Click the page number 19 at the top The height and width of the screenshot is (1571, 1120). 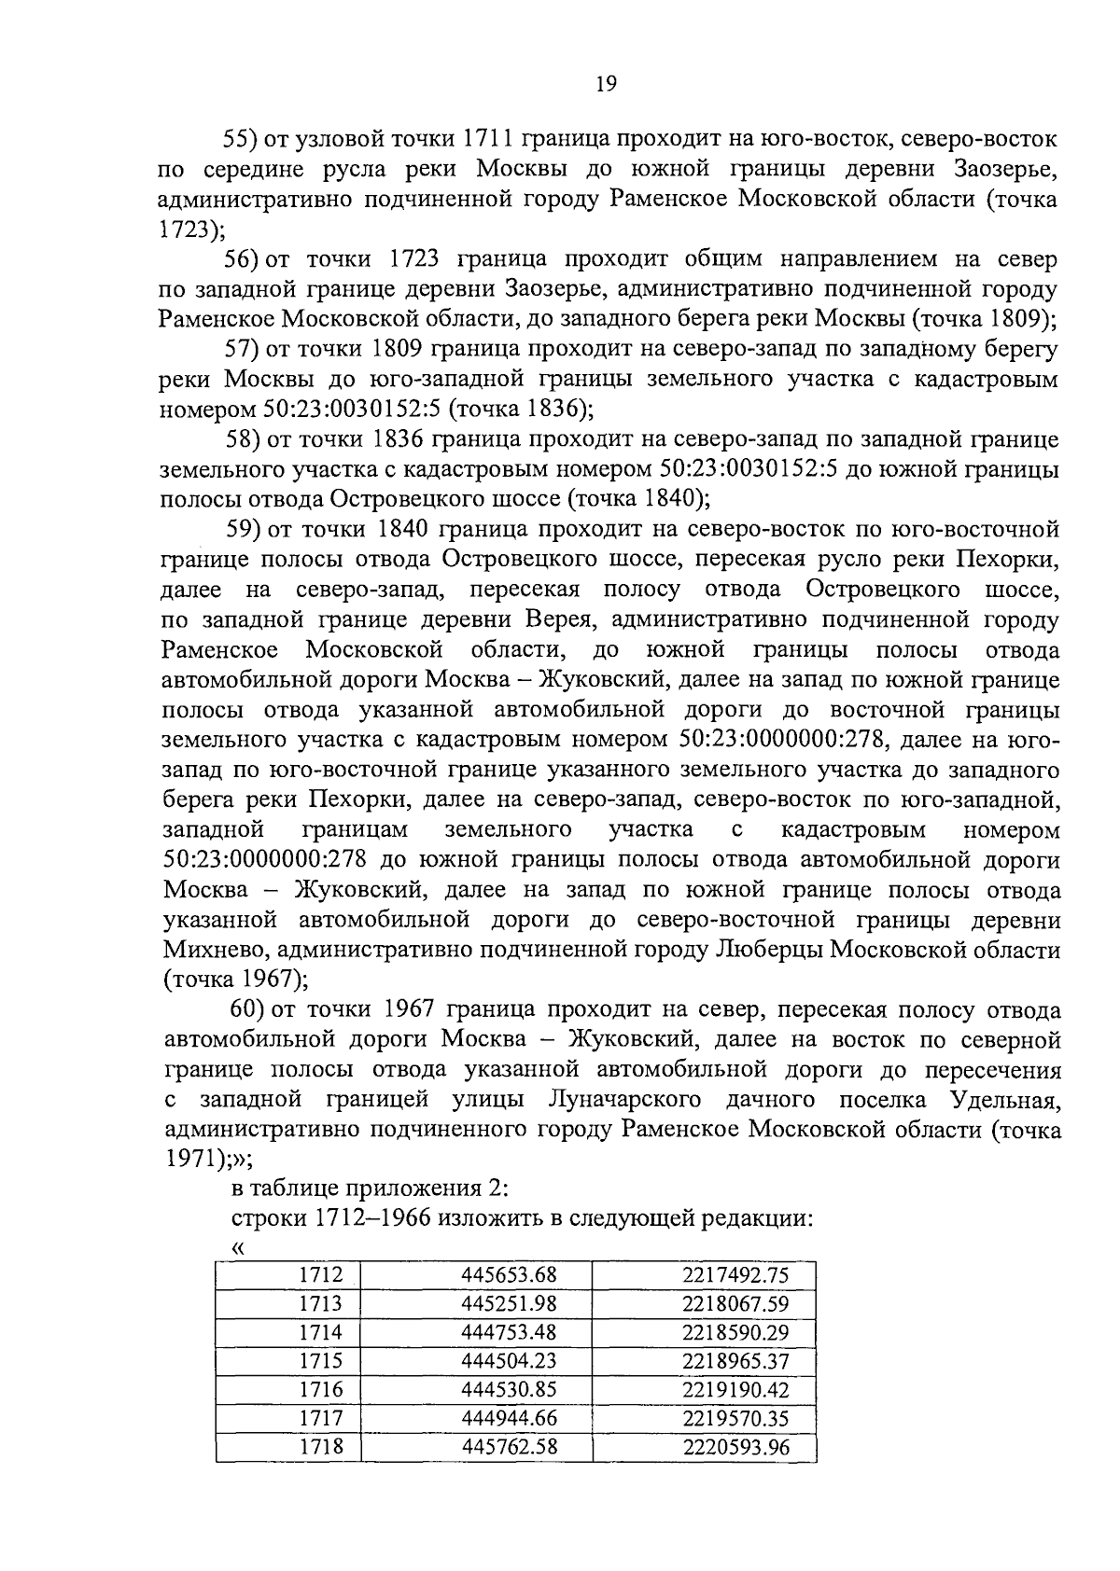point(606,85)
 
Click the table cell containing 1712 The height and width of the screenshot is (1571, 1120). point(320,1274)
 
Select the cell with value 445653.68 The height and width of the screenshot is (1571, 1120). point(509,1274)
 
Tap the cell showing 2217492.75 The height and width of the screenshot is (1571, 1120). point(735,1274)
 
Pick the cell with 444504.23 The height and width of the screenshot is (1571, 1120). point(509,1360)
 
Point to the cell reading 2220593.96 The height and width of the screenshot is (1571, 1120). point(735,1447)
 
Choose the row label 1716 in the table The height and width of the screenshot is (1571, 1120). point(320,1389)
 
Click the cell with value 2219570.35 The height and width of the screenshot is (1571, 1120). point(735,1418)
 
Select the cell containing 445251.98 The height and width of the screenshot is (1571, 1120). point(509,1303)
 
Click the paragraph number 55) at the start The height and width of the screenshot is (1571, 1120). point(241,140)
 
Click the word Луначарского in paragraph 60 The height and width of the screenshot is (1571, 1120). point(622,1101)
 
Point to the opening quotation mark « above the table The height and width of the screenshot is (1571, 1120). point(236,1249)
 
